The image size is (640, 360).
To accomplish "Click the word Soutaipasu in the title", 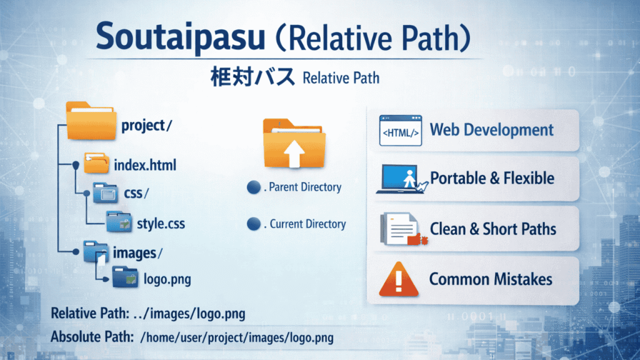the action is [180, 36].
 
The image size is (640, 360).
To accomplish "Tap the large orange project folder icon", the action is [91, 121].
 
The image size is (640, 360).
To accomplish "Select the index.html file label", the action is [145, 165].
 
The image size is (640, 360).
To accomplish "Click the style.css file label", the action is [161, 224].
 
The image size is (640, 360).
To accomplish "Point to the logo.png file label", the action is [167, 279].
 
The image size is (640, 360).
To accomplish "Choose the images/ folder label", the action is [137, 253].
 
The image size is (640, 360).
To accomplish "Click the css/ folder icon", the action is [105, 192].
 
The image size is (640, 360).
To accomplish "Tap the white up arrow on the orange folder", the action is [294, 154].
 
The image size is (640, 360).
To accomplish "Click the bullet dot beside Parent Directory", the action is [254, 187].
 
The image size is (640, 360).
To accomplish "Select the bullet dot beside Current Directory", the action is [254, 224].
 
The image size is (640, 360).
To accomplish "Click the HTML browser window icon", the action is [401, 130].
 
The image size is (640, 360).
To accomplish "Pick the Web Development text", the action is [491, 130].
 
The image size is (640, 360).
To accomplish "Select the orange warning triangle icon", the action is [399, 279].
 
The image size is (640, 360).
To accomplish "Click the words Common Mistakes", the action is [491, 279].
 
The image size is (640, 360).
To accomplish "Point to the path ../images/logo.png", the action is [189, 314].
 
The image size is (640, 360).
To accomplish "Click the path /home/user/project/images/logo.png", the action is [237, 337].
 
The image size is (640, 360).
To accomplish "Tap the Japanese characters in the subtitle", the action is [252, 77].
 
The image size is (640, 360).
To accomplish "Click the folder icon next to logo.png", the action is [125, 277].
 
